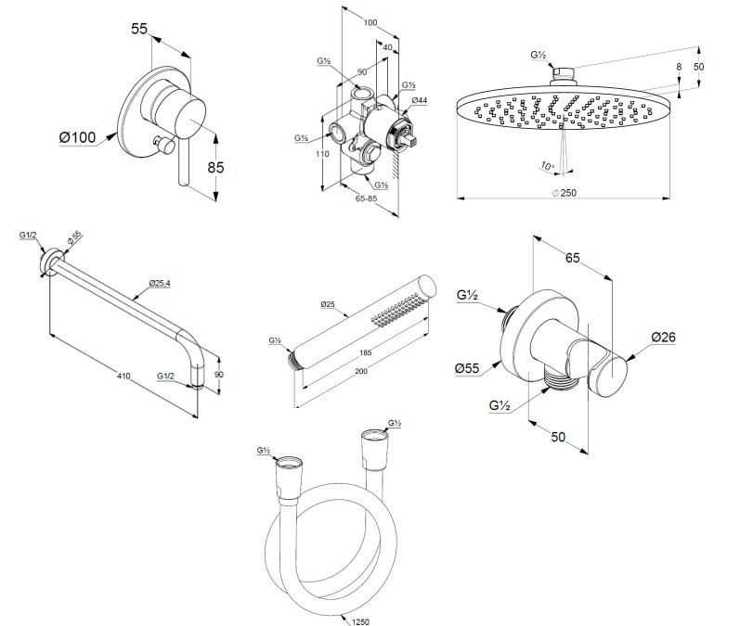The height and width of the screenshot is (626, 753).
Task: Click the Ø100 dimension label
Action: [77, 137]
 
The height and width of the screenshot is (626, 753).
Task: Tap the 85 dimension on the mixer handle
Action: [215, 168]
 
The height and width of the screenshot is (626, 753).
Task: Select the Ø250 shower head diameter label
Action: [565, 193]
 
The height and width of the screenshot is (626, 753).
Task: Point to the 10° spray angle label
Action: [548, 166]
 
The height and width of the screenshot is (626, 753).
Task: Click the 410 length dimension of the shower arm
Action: [123, 377]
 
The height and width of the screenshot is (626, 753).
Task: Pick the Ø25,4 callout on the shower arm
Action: [160, 283]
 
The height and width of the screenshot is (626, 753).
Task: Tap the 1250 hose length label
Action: [360, 621]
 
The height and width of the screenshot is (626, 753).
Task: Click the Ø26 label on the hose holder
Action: [663, 338]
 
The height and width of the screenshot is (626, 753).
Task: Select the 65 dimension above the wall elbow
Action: [573, 258]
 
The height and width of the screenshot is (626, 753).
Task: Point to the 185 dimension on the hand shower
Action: [366, 353]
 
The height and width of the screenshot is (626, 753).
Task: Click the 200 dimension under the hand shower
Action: [360, 371]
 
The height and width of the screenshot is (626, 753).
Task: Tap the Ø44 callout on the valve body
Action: [420, 100]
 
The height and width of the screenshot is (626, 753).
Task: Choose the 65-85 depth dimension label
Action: [367, 198]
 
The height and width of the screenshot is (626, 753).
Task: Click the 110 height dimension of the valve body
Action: [323, 154]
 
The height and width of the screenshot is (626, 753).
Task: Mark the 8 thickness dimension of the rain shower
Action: [679, 67]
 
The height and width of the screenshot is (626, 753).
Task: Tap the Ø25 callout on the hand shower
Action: [328, 304]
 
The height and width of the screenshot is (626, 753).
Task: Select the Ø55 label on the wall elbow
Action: [467, 368]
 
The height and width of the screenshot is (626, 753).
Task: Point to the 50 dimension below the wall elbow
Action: [558, 437]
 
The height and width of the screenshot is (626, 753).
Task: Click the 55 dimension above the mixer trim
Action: [139, 29]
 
